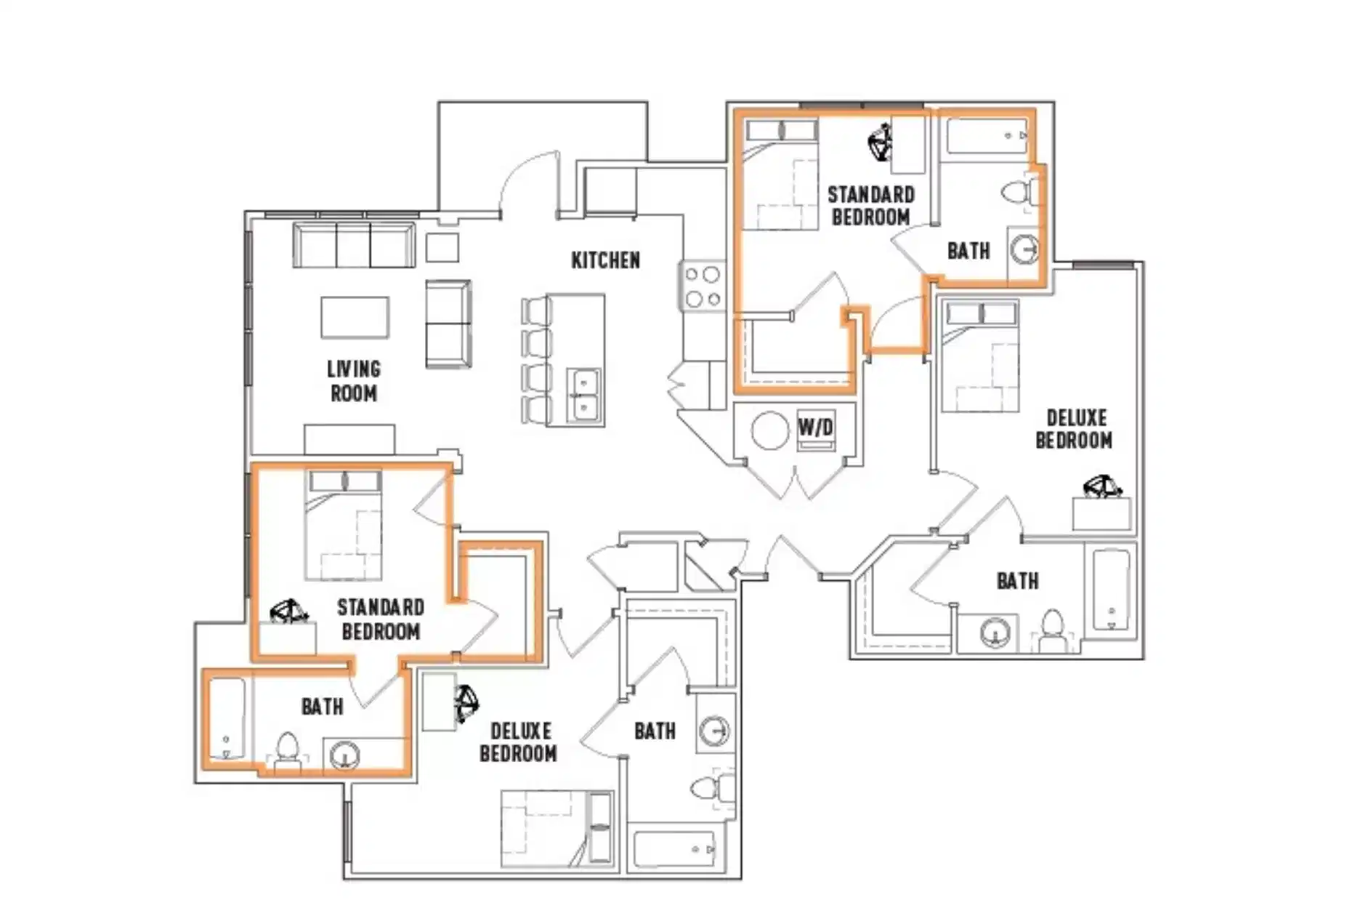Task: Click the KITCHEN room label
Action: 605,260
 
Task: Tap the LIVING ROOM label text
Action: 353,381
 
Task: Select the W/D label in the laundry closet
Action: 815,427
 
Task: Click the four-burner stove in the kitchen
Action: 703,286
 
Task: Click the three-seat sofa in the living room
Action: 354,245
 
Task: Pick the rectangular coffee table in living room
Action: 355,317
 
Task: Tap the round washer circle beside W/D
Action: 769,430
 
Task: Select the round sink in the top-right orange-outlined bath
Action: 1024,249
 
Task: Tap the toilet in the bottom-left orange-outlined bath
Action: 288,749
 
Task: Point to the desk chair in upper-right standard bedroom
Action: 881,142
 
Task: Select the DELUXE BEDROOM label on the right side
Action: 1075,429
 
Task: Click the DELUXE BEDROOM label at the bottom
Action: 518,742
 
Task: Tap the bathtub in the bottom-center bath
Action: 674,848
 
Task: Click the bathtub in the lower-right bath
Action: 1111,590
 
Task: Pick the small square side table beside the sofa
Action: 442,247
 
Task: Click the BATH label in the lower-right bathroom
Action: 1017,581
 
